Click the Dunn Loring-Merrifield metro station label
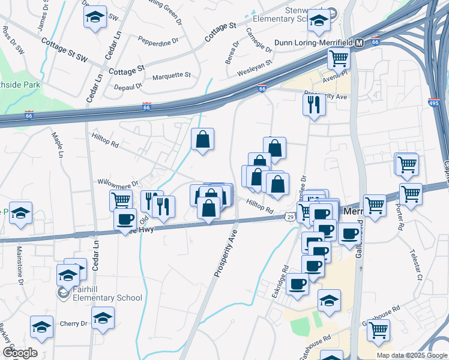coord(313,43)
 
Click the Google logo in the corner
coord(19,353)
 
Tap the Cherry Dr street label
coord(73,323)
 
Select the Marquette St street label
coord(171,76)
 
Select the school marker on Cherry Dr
coord(103,317)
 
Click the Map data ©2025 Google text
coord(411,355)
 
